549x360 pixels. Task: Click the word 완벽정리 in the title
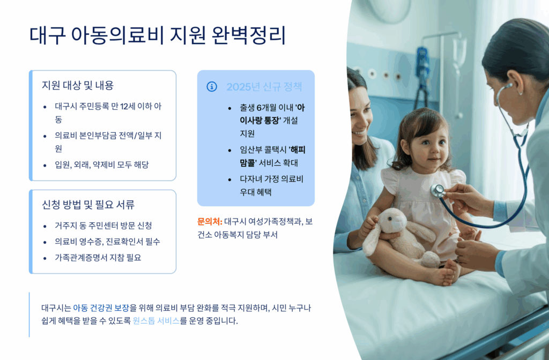[249, 35]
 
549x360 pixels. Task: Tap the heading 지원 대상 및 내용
[78, 85]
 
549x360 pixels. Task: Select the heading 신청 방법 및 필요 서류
[88, 205]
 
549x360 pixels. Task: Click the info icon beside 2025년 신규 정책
[212, 86]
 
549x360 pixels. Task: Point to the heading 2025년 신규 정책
[264, 87]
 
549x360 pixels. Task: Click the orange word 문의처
[210, 221]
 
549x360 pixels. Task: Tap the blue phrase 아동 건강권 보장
[101, 308]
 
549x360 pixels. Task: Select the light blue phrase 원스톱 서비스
[156, 320]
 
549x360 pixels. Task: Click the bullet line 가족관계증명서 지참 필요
[98, 258]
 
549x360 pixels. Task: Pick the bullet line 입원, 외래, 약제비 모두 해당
[102, 164]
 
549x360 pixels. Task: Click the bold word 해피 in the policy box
[298, 150]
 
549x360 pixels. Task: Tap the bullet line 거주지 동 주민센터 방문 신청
[103, 226]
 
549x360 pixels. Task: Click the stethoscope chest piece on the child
[437, 191]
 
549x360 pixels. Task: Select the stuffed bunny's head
[393, 222]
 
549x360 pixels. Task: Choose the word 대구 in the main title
[48, 35]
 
